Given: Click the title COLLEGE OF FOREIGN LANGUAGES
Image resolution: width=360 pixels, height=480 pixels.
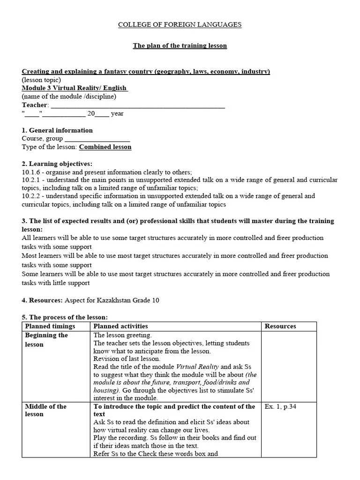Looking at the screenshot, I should click(x=180, y=24).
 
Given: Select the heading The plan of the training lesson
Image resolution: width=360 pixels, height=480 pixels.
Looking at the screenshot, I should click(x=180, y=45).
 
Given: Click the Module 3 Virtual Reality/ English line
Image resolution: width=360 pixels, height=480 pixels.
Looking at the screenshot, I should click(x=75, y=88).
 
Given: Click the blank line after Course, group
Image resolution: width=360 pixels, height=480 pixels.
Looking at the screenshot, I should click(x=97, y=139).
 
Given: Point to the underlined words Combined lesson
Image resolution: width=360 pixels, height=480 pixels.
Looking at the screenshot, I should click(x=105, y=147).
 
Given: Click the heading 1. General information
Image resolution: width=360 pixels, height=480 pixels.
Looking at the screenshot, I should click(x=57, y=130).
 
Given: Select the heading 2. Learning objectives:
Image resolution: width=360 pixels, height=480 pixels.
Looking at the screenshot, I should click(x=57, y=164).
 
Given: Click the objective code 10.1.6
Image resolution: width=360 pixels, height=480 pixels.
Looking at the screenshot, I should click(x=32, y=172).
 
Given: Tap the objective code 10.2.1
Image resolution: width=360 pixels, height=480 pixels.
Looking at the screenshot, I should click(x=32, y=180).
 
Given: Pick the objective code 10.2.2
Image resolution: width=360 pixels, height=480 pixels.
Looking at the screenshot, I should click(x=32, y=196).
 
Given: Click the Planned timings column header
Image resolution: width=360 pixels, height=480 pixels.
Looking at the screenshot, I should click(x=50, y=326).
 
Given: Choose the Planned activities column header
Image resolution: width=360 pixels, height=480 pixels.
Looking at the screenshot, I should click(x=120, y=326).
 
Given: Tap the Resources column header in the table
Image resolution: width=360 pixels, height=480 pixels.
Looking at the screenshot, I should click(x=280, y=326).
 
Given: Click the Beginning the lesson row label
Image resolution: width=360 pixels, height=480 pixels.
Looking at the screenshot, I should click(x=46, y=340).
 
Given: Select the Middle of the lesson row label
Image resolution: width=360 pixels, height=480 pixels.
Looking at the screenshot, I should click(x=45, y=410).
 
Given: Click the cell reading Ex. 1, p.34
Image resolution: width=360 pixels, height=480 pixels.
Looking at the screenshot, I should click(x=280, y=406).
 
